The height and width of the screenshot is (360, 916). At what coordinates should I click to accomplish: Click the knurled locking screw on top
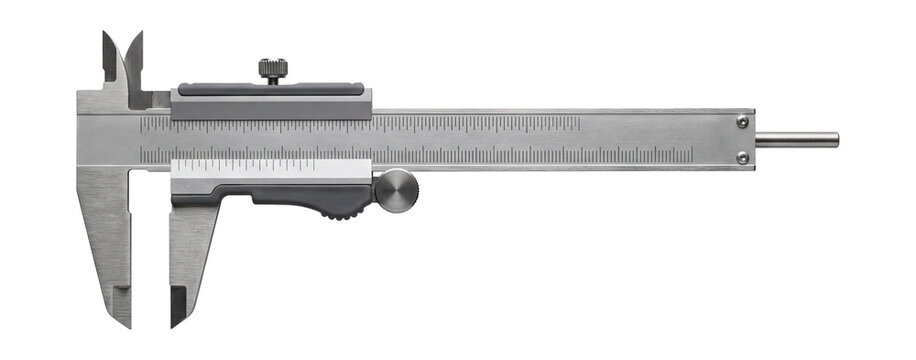coord(272,69)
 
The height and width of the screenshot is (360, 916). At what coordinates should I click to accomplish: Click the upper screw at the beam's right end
coord(742,122)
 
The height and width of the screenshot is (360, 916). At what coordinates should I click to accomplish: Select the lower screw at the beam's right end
coord(742,157)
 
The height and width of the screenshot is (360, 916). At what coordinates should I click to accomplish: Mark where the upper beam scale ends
coord(579,124)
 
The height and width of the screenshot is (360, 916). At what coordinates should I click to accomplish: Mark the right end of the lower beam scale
coord(691,155)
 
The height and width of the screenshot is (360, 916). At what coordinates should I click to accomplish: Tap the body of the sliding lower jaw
coord(190,250)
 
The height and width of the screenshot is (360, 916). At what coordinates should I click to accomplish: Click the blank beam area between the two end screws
coord(742,139)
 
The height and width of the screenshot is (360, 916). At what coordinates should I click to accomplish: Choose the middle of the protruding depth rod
coord(796,139)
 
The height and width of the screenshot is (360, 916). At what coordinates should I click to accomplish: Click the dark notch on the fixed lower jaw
coord(122,295)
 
